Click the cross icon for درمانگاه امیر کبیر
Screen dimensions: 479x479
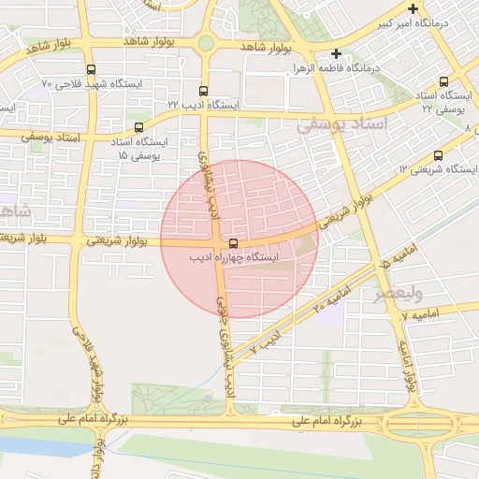coord(413,8)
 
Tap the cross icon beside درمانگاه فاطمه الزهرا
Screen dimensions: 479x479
coord(336,54)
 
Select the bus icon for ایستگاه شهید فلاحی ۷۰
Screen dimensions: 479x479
coord(91,69)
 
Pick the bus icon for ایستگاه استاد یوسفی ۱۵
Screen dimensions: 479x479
coord(138,127)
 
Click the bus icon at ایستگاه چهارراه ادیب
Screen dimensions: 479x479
coord(233,242)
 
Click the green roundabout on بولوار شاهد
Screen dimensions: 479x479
coord(206,43)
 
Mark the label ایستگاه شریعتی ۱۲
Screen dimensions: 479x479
coord(440,169)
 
